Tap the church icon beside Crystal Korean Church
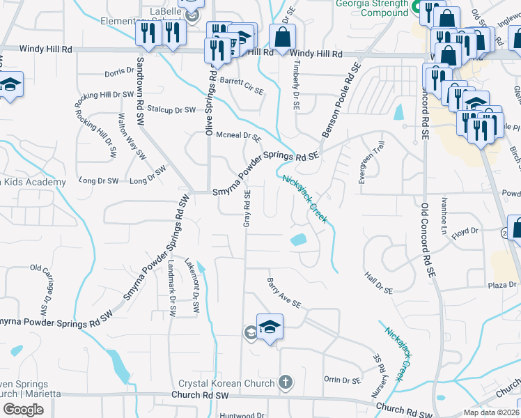click(x=284, y=382)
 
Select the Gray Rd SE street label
click(x=247, y=208)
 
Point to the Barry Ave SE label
click(x=283, y=293)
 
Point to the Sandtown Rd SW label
click(x=141, y=88)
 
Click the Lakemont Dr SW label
click(x=193, y=284)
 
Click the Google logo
click(x=23, y=409)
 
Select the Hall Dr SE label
click(x=379, y=282)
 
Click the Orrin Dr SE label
click(x=342, y=380)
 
